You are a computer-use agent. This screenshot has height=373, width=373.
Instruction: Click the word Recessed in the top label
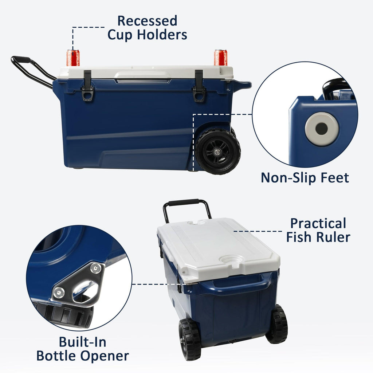tap(147, 21)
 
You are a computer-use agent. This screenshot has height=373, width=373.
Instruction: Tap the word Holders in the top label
tap(162, 35)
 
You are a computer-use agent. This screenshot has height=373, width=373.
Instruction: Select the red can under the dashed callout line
tap(73, 58)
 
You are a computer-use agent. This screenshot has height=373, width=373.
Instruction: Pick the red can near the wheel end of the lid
tap(220, 58)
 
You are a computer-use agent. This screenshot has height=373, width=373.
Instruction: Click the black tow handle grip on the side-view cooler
tap(21, 59)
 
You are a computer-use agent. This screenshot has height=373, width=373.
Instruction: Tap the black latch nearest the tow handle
tap(87, 86)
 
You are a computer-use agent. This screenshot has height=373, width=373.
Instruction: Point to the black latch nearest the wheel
tap(199, 86)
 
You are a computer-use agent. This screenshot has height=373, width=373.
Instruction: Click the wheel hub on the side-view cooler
tap(217, 152)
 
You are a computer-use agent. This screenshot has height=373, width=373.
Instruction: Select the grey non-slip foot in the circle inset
tap(322, 129)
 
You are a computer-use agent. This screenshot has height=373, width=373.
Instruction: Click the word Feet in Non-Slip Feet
tap(335, 177)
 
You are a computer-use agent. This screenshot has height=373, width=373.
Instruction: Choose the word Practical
tap(318, 223)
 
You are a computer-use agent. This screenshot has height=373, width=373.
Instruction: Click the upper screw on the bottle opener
tap(96, 268)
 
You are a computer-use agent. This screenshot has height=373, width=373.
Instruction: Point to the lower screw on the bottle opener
tap(59, 292)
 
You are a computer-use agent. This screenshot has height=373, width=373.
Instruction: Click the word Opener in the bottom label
tap(105, 356)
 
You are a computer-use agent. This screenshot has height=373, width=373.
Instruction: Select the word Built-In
tap(83, 342)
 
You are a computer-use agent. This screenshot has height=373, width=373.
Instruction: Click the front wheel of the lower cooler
tap(189, 340)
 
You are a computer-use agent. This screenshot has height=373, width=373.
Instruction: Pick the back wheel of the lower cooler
tap(277, 324)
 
